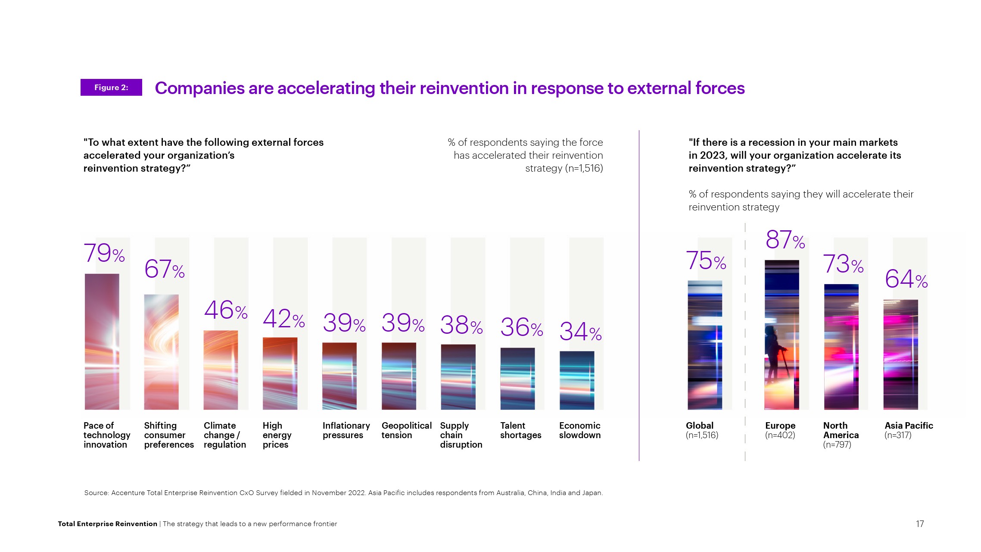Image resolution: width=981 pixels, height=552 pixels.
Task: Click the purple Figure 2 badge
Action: click(111, 88)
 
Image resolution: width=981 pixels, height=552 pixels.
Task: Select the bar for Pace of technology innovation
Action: click(102, 342)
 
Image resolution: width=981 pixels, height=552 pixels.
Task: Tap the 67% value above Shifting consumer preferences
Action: click(164, 269)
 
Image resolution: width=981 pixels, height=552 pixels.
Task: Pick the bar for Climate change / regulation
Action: click(221, 370)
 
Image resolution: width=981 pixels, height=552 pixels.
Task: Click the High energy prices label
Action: click(277, 435)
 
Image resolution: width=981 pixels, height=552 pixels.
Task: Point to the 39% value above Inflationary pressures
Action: click(344, 323)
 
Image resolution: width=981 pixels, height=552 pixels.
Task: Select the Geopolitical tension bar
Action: click(399, 376)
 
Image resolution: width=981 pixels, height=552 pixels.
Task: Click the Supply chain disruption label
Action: click(461, 435)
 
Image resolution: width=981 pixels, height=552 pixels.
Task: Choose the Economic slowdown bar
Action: click(576, 380)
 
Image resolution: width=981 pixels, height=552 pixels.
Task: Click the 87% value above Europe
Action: click(785, 240)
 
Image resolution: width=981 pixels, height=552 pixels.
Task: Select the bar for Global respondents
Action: click(704, 345)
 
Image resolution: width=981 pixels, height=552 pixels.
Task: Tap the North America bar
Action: click(841, 347)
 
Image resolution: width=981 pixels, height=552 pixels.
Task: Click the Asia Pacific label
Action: click(909, 426)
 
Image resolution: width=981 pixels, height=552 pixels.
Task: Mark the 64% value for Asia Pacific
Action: click(906, 279)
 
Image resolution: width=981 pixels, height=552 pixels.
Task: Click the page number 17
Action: click(919, 524)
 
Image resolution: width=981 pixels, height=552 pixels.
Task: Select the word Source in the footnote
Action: click(96, 492)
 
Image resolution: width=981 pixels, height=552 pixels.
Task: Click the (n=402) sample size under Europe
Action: click(780, 435)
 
